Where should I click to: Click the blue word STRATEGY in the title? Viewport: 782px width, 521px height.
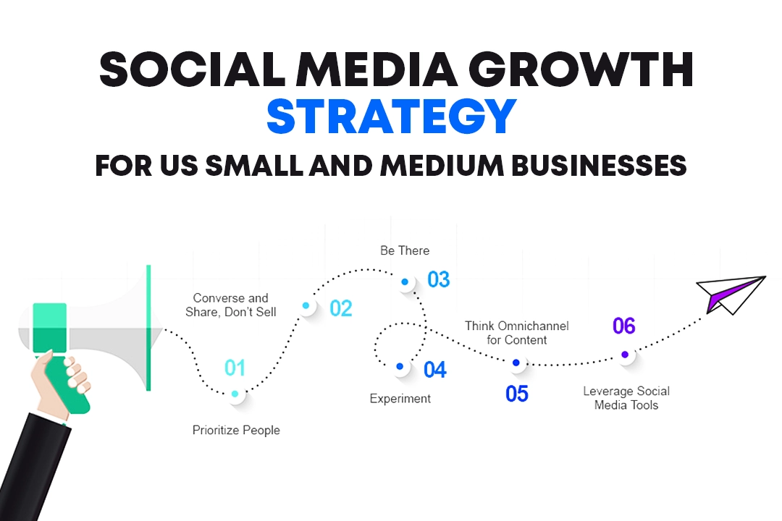[x=392, y=117]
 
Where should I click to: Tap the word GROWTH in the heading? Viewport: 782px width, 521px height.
[x=581, y=69]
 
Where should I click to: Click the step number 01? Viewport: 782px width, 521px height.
[x=235, y=368]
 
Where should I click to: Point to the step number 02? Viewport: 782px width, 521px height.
[x=341, y=308]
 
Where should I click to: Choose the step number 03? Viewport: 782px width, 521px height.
[x=439, y=280]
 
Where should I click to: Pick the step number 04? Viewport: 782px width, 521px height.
[x=435, y=370]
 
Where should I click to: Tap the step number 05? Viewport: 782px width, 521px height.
[x=517, y=394]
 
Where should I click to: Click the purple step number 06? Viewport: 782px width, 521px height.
[x=624, y=326]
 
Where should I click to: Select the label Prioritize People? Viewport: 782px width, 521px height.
[x=236, y=431]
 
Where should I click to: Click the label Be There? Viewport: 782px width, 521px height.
[x=405, y=250]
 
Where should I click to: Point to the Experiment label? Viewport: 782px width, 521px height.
[x=400, y=399]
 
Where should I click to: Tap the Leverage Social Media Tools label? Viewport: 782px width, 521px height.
[x=626, y=398]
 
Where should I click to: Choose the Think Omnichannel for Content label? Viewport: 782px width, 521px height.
[x=517, y=333]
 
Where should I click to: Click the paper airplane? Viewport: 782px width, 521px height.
[x=730, y=295]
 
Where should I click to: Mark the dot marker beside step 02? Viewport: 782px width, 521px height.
[x=306, y=305]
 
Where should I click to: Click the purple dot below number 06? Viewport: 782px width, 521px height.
[x=625, y=355]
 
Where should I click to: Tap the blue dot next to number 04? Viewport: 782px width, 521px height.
[x=400, y=366]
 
